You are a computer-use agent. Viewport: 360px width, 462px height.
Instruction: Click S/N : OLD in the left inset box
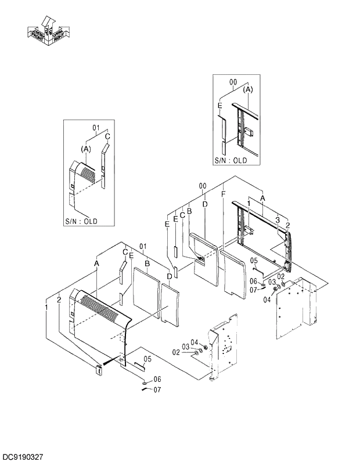[81, 221]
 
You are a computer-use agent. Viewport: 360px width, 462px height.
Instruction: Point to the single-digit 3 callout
[278, 221]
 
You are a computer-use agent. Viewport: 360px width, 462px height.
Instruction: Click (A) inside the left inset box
[87, 149]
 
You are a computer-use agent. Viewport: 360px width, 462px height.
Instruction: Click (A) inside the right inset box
[248, 90]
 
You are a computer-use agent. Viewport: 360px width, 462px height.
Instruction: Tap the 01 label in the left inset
[97, 127]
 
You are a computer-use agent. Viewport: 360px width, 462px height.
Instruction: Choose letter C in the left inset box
[107, 138]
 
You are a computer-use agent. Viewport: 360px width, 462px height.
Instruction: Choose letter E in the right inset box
[219, 106]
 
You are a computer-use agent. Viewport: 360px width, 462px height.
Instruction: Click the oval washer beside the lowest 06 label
[143, 384]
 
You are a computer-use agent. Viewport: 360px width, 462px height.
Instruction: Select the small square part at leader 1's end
[98, 368]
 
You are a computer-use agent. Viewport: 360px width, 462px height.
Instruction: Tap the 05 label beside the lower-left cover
[147, 359]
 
